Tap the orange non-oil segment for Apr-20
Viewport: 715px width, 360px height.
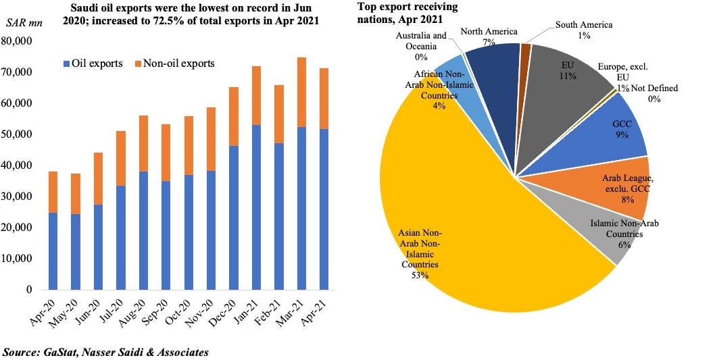pyautogui.click(x=52, y=192)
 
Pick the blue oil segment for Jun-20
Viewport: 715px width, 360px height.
pyautogui.click(x=98, y=247)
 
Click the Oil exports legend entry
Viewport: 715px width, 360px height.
pyautogui.click(x=93, y=64)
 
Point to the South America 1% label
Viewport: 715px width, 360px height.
pyautogui.click(x=584, y=30)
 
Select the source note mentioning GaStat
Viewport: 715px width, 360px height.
pyautogui.click(x=105, y=352)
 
